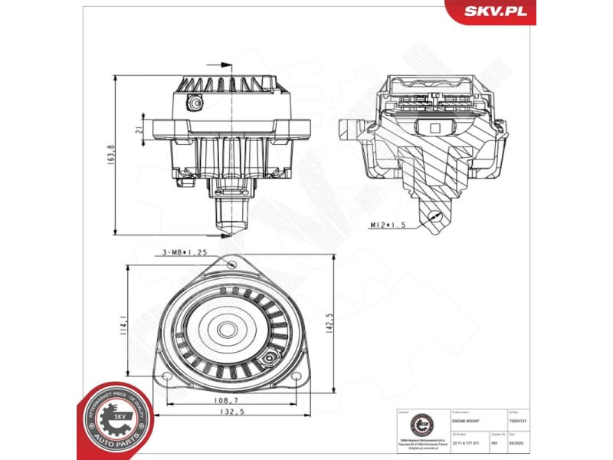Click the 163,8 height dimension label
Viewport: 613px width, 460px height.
(112, 154)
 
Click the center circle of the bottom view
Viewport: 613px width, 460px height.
(227, 330)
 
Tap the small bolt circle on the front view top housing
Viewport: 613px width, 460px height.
(198, 101)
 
